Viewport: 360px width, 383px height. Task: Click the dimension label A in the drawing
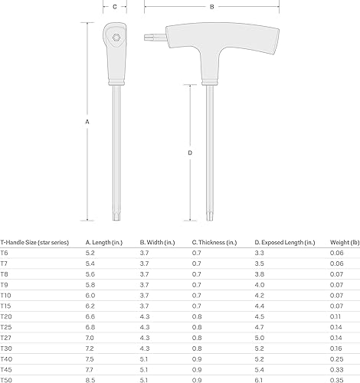[87, 122]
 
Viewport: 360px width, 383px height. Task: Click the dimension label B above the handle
[211, 6]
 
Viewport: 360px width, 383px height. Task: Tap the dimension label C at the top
[114, 6]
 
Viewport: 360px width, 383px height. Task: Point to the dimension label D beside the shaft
[190, 153]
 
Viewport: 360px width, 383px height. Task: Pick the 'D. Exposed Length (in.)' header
[284, 241]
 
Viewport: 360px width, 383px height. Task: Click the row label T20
[6, 316]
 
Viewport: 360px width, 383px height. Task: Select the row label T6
[5, 252]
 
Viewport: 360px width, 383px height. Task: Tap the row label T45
[6, 368]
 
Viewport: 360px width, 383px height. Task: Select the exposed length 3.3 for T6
[260, 252]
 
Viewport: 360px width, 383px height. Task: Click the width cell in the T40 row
[144, 358]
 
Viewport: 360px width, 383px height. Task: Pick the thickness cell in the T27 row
[196, 336]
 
